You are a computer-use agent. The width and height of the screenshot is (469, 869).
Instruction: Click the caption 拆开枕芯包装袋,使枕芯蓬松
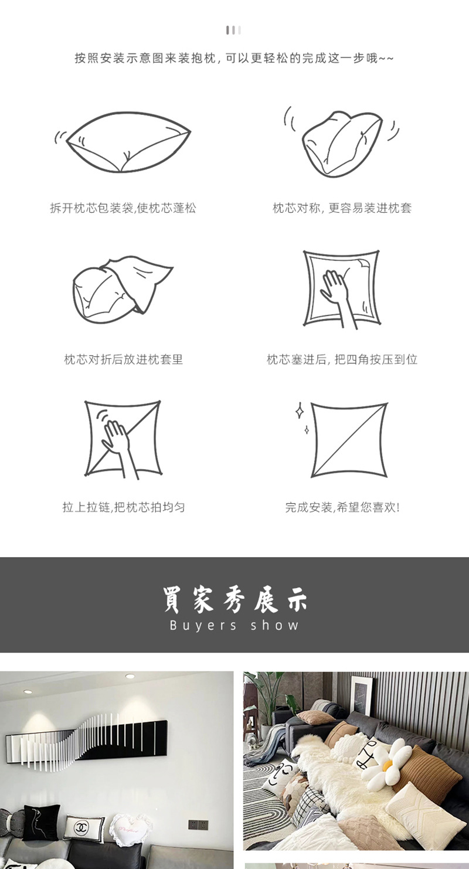(x=123, y=208)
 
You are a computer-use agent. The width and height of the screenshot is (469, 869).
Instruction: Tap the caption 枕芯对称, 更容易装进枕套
(x=342, y=208)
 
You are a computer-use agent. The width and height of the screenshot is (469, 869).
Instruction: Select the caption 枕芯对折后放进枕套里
(x=124, y=359)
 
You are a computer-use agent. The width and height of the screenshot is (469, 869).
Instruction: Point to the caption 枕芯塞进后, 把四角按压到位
(x=342, y=359)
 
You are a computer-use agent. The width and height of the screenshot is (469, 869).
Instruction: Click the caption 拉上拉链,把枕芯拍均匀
(x=124, y=507)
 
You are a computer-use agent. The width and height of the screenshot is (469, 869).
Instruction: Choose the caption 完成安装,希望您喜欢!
(x=342, y=507)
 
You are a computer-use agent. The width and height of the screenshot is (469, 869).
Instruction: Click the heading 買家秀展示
(x=235, y=599)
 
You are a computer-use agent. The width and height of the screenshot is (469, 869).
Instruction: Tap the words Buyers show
(x=235, y=626)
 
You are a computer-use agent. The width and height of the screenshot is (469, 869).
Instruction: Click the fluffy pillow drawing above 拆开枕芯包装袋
(x=127, y=142)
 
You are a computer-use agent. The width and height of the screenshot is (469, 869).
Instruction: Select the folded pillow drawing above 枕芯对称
(x=342, y=142)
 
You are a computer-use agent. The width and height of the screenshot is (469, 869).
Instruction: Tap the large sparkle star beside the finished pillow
(x=300, y=411)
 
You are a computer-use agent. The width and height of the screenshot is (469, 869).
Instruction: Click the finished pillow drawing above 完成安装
(x=349, y=439)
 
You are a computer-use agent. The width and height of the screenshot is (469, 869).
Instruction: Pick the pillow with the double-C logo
(x=84, y=827)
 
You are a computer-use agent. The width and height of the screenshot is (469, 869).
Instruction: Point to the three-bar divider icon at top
(x=234, y=30)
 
